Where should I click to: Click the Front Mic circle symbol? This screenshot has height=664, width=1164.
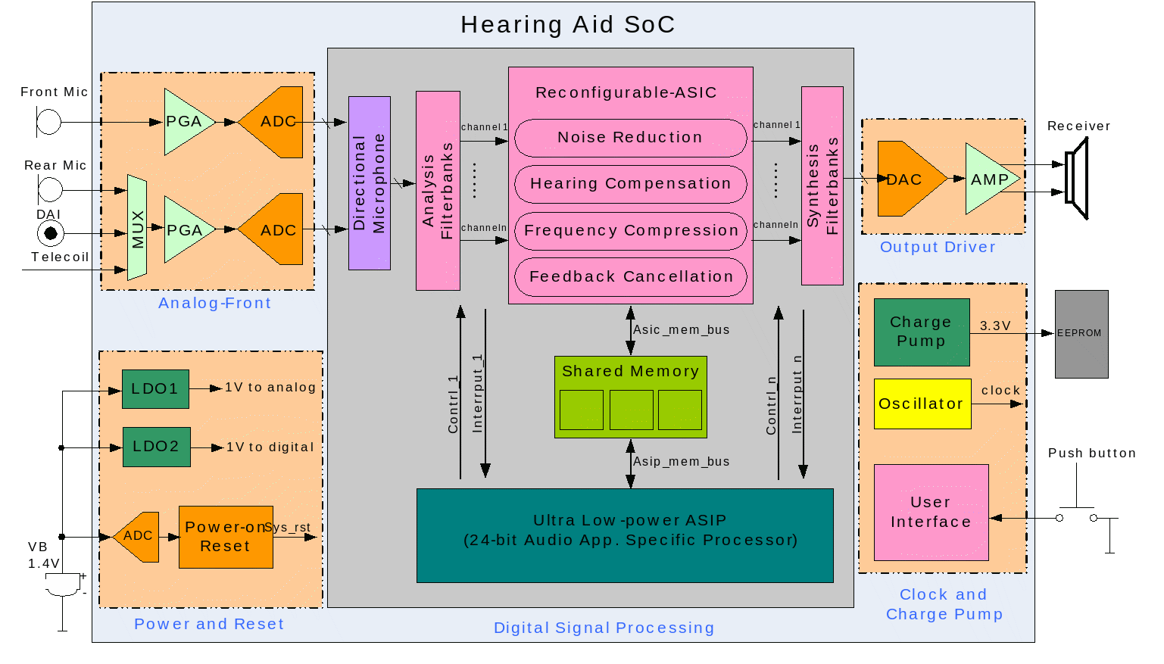point(49,122)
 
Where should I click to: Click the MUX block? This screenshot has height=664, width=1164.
point(137,228)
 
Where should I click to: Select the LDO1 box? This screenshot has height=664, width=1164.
point(155,388)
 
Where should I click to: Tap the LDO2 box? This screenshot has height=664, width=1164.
point(156,447)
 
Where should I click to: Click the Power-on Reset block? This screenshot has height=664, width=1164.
point(226,537)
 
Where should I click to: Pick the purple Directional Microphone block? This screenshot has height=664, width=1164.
point(370,183)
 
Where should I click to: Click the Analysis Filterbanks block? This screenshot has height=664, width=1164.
point(438,191)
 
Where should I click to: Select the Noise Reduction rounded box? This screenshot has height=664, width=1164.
point(630,138)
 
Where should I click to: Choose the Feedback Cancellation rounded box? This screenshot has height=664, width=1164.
point(630,277)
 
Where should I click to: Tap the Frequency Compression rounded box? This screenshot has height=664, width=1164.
point(630,231)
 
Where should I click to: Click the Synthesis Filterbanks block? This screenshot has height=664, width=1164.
point(822,185)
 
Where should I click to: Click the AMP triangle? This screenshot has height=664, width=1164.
point(989,179)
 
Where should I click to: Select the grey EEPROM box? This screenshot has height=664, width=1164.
point(1081,334)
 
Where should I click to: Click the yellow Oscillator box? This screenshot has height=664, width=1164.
point(922,404)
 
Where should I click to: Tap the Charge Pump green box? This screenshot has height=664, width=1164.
point(921,332)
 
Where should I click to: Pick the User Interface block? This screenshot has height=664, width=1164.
point(931,513)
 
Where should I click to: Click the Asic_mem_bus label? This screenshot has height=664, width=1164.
point(682,330)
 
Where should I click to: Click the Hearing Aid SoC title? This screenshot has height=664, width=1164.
point(567,25)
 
